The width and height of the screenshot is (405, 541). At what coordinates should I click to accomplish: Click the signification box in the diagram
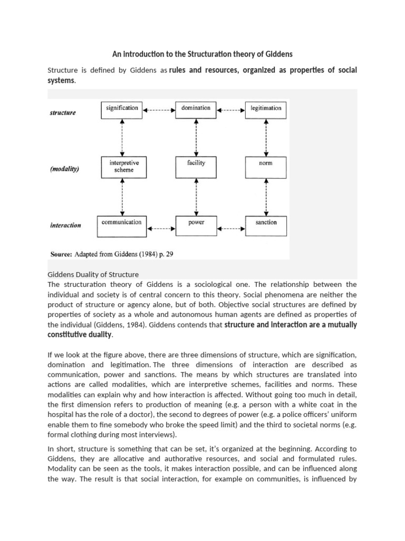[122, 108]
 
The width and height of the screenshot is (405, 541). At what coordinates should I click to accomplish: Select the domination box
[196, 108]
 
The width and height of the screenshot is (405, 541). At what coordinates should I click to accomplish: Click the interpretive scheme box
[122, 166]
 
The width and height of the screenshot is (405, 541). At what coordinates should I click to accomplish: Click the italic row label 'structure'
[63, 113]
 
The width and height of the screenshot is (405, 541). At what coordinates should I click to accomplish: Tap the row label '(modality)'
[65, 169]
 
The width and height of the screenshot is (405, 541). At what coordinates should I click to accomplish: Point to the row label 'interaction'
[65, 225]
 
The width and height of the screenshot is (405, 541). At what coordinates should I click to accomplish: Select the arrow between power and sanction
[231, 229]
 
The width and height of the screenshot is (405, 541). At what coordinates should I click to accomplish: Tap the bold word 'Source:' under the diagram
[61, 254]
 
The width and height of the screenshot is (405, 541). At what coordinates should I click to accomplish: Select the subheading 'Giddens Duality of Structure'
[93, 274]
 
